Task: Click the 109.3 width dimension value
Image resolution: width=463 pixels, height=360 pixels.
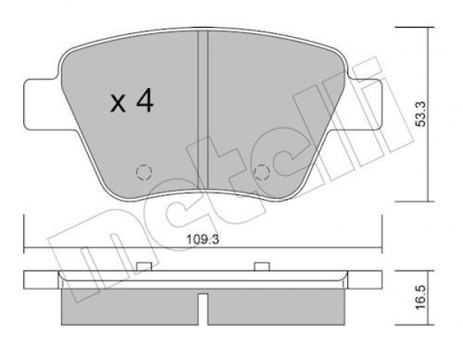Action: (x=202, y=240)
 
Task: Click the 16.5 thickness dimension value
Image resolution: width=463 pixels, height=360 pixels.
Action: (x=421, y=297)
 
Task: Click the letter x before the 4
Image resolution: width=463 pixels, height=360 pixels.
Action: (x=118, y=103)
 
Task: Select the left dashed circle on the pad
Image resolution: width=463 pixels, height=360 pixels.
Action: (x=144, y=172)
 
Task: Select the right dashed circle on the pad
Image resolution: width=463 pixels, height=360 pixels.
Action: (x=262, y=173)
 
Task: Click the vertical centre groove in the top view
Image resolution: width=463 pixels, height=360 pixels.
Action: (x=203, y=109)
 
